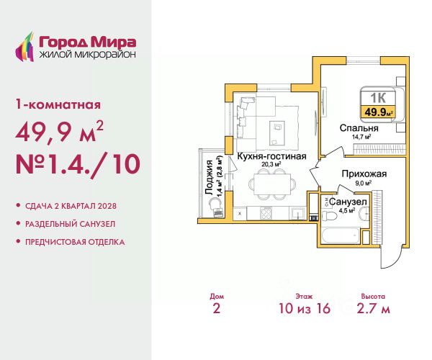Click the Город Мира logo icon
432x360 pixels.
[25, 47]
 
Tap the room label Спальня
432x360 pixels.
[359, 128]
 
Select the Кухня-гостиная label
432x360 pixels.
[271, 156]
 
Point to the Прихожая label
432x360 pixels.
[364, 174]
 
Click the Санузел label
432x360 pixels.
[348, 202]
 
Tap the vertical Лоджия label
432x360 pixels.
[210, 178]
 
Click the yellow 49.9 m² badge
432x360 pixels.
[378, 112]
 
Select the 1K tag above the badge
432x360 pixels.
[378, 98]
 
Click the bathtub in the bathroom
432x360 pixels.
[341, 235]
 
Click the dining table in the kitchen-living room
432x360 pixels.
[271, 184]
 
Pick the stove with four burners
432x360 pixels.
[266, 213]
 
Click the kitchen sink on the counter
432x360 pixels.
[298, 213]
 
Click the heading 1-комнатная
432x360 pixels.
[58, 104]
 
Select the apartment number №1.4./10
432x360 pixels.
[78, 164]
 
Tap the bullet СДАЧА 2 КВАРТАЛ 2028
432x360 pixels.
[71, 206]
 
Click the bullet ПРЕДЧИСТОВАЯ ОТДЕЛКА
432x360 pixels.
[75, 242]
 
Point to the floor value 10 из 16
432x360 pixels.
[305, 308]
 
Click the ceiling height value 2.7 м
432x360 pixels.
[373, 308]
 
